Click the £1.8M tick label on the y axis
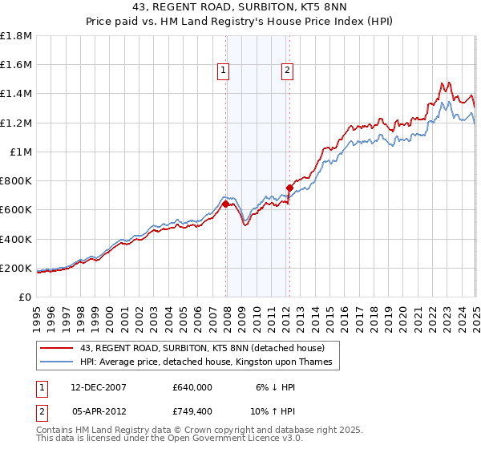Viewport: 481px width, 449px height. (x=16, y=36)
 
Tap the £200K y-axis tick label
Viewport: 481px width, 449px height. (x=16, y=268)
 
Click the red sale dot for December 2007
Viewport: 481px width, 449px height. (x=226, y=204)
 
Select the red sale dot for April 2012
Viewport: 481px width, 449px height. (x=289, y=188)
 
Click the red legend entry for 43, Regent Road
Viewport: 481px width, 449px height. (x=202, y=348)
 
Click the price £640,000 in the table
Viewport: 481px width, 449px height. (x=192, y=386)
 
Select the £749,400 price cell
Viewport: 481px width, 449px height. (x=192, y=411)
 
